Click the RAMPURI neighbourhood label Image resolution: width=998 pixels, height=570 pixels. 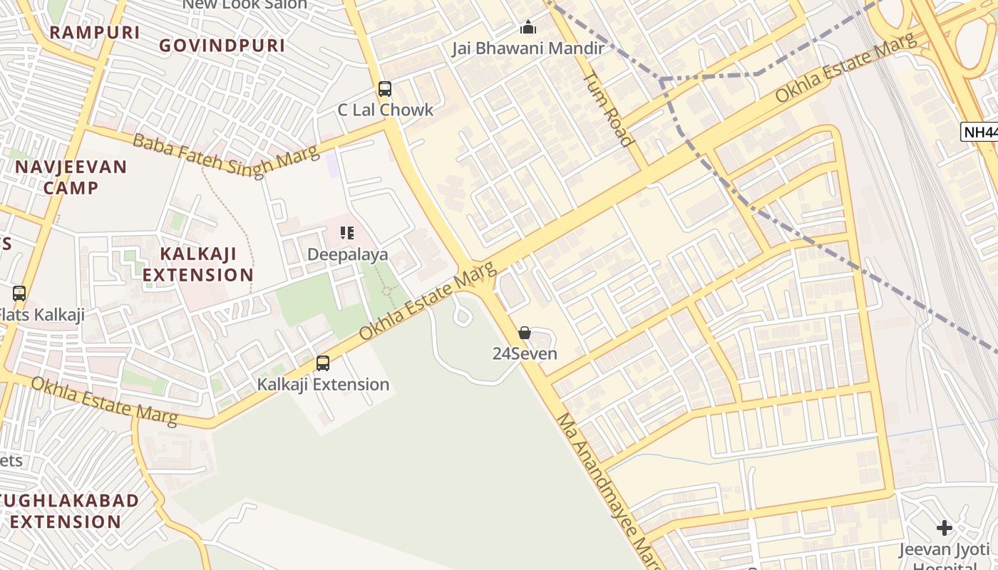[95, 32]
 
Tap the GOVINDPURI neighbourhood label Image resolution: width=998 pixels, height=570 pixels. [222, 46]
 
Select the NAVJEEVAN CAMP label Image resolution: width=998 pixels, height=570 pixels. [71, 177]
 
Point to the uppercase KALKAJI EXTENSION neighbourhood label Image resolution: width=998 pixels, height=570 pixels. [197, 264]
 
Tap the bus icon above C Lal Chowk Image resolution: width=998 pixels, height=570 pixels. [385, 89]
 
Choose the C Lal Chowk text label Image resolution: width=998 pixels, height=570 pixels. [385, 110]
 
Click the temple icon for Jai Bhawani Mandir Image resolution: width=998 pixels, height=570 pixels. [528, 28]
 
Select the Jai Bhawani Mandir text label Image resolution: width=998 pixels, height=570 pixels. [528, 48]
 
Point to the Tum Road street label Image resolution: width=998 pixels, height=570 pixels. [609, 108]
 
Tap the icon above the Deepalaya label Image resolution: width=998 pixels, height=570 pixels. [347, 233]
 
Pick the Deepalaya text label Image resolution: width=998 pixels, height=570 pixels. [347, 254]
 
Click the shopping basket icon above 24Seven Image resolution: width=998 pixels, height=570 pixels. [525, 333]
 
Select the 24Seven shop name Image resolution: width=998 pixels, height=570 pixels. [525, 353]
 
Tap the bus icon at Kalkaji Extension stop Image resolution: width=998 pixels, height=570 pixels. [323, 363]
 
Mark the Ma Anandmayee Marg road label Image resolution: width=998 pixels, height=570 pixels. [609, 492]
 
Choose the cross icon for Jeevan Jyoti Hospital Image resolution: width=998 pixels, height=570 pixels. [945, 528]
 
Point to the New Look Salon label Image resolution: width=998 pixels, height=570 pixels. [245, 4]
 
